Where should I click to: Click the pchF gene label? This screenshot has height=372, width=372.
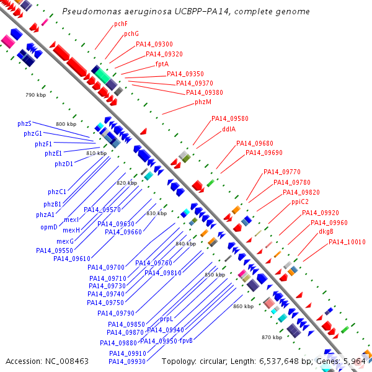tap(121, 24)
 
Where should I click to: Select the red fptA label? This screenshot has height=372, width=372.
tap(162, 64)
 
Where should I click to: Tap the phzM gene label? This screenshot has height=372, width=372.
tap(203, 102)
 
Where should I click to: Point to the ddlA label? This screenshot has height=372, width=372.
tap(229, 129)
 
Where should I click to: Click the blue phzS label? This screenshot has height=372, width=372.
tap(24, 123)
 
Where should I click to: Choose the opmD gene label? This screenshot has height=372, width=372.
tap(49, 228)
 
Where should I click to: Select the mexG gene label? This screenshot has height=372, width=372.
tap(65, 242)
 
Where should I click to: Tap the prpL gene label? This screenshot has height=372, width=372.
tap(167, 319)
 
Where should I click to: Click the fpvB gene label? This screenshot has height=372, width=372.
tap(186, 340)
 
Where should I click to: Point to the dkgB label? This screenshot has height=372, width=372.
tap(326, 231)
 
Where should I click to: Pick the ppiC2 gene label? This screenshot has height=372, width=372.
tap(300, 201)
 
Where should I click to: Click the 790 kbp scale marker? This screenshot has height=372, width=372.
tap(35, 95)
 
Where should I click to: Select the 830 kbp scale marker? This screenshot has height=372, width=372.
tap(157, 213)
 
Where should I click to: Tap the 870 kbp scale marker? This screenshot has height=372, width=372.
tap(272, 337)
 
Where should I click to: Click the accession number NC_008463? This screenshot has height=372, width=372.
tap(67, 361)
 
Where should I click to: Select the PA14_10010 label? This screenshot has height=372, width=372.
tap(347, 242)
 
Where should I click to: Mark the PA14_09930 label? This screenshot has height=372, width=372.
tap(127, 361)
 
